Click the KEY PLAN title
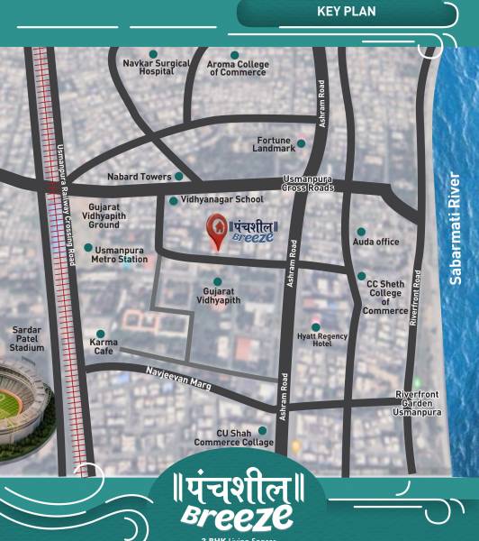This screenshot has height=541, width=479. pos(346,12)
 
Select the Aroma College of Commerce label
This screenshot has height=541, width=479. pos(239,69)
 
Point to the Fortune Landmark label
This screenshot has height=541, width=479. pos(274,144)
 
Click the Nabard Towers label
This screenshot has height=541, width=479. pos(139,177)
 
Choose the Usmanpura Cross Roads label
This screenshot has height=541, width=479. pos(308,183)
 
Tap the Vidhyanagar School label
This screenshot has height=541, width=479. pos(221,199)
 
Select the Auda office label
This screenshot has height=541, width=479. pos(375,242)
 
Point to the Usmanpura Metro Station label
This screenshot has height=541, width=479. pos(119,254)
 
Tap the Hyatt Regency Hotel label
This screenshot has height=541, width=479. pos(321,339)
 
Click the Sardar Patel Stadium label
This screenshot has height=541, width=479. pos(27,339)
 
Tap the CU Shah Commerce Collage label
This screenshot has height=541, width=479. pos(233,437)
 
